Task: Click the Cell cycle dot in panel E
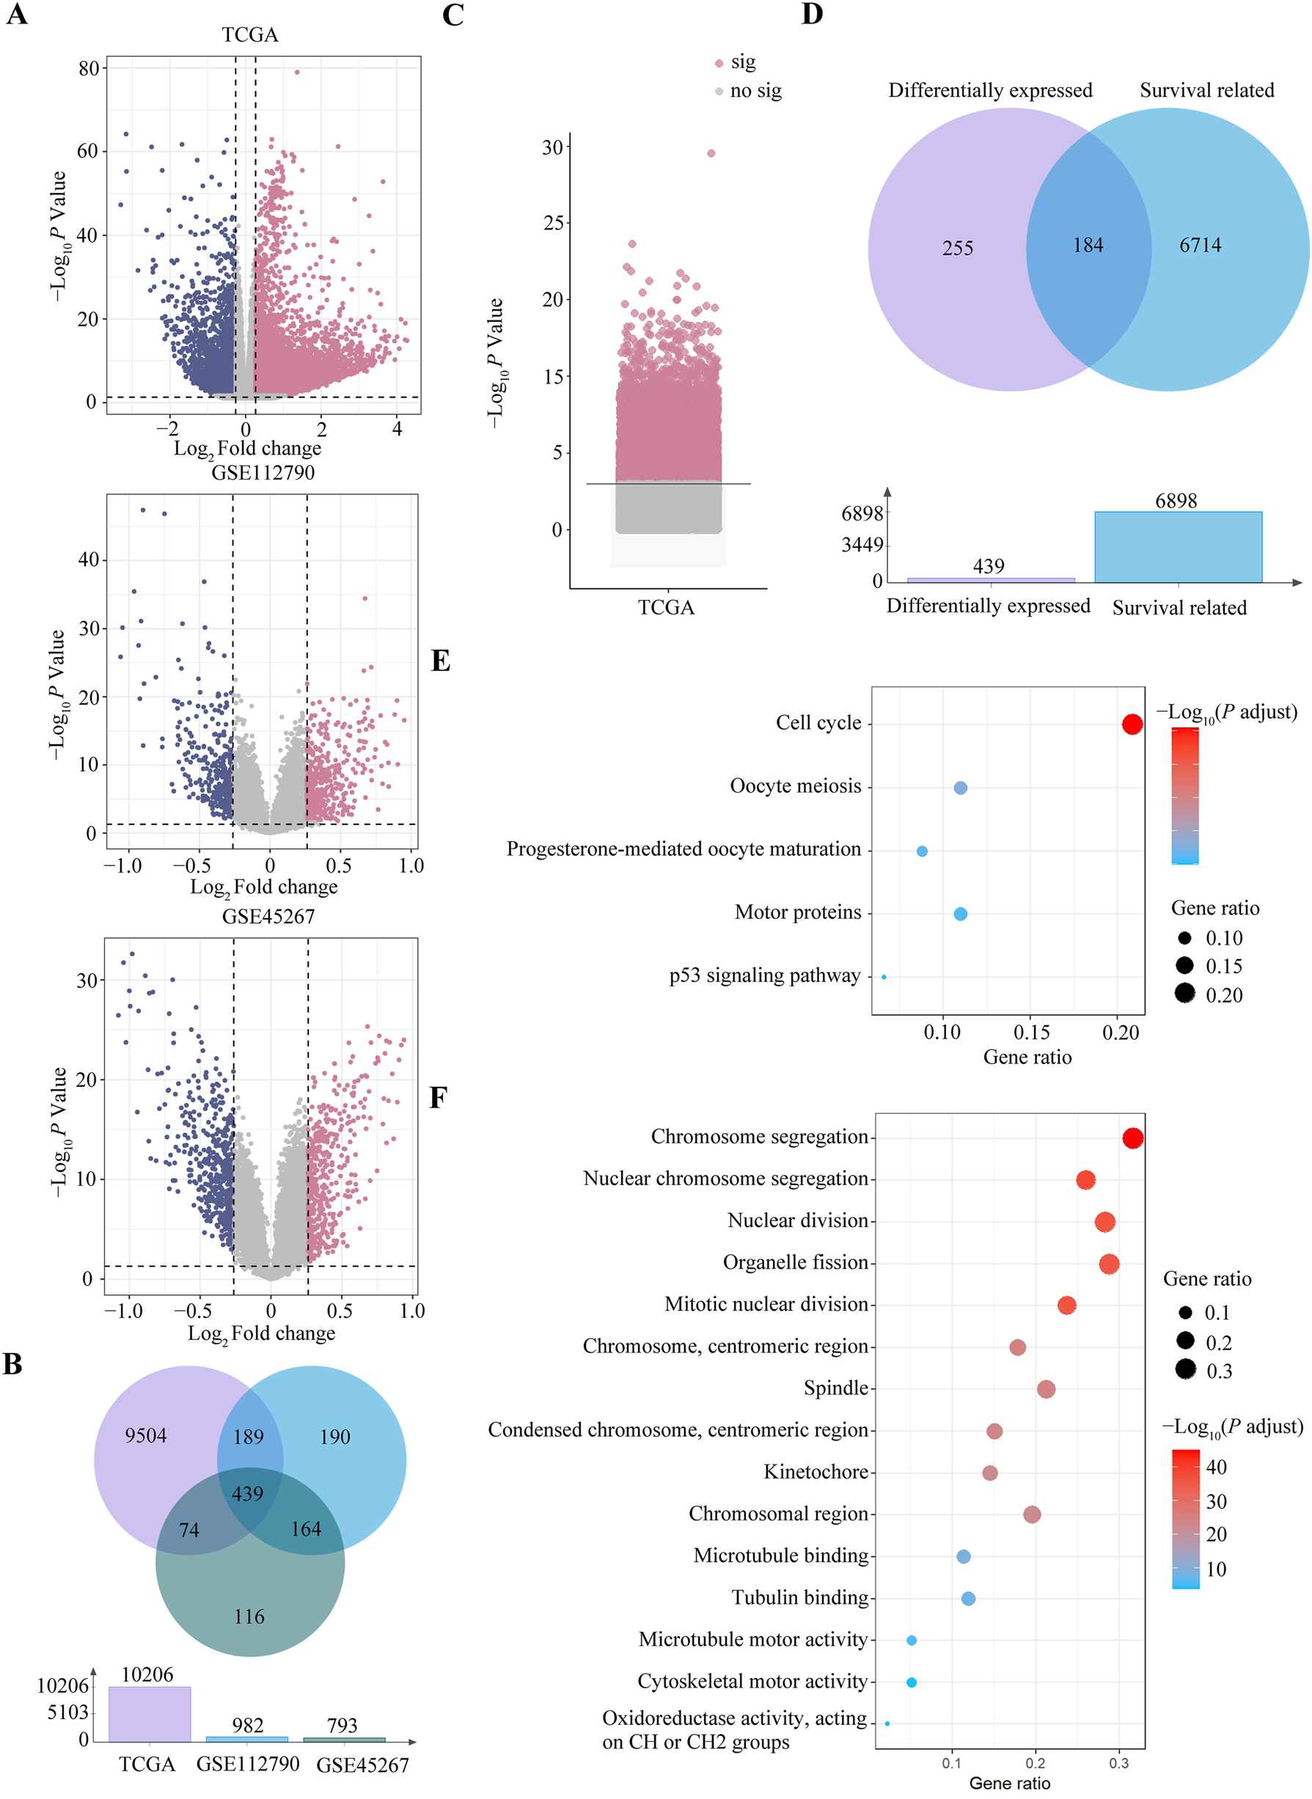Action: (x=1132, y=724)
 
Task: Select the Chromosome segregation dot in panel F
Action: (x=1132, y=1137)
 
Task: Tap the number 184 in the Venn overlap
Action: (x=1088, y=245)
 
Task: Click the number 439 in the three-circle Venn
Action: (x=248, y=1493)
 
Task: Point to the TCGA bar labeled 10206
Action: (x=150, y=1714)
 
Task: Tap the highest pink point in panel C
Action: (x=711, y=153)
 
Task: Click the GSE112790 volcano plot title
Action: (x=263, y=472)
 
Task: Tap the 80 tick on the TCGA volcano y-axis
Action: (x=88, y=68)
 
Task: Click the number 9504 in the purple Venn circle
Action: (x=146, y=1435)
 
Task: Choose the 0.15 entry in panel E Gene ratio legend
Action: (x=1223, y=966)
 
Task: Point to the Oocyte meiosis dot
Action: (x=960, y=788)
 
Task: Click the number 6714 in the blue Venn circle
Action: (x=1200, y=245)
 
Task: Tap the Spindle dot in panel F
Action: (x=1046, y=1388)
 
